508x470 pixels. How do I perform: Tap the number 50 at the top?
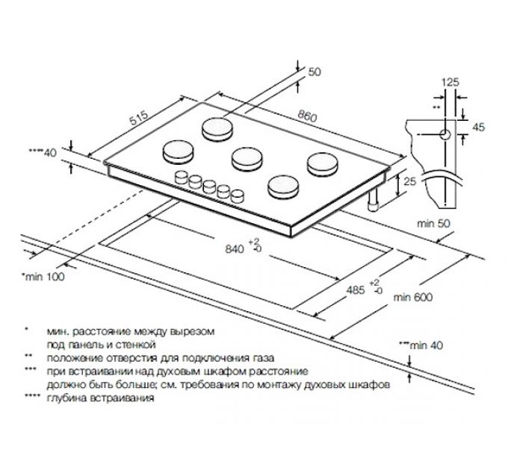click(x=314, y=72)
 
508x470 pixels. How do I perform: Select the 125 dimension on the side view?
click(x=449, y=82)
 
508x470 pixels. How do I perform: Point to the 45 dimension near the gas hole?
click(x=480, y=128)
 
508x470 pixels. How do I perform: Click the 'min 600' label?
click(x=414, y=297)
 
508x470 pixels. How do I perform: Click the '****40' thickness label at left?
click(x=43, y=153)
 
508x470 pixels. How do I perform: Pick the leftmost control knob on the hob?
click(x=182, y=177)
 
